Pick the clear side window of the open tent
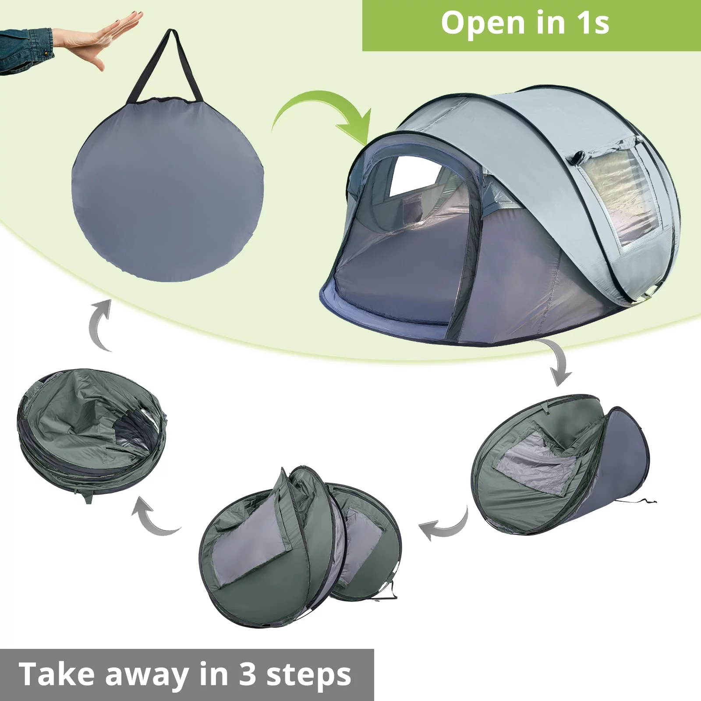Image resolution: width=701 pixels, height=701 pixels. click(622, 193)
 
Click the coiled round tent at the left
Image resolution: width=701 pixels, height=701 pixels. click(92, 434)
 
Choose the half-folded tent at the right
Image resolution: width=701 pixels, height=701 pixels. click(561, 464)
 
